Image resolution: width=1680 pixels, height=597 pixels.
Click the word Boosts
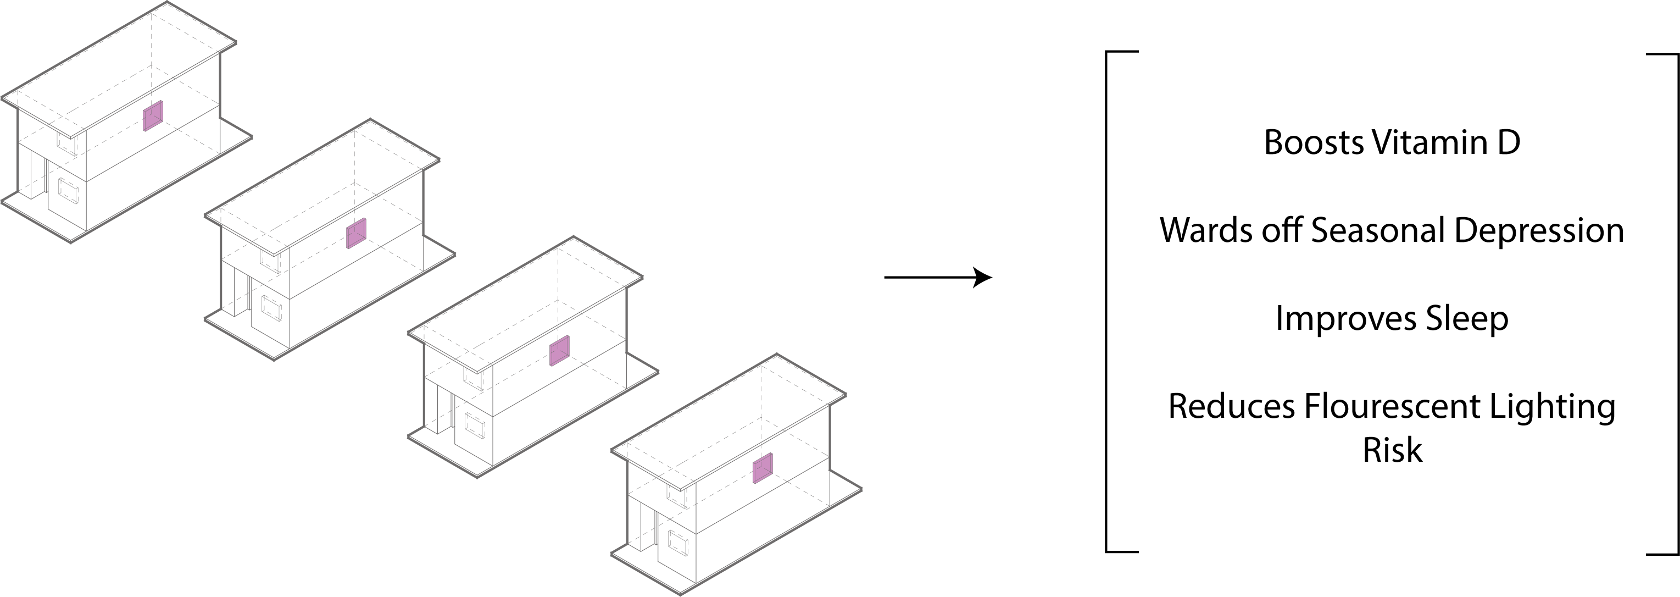click(1314, 142)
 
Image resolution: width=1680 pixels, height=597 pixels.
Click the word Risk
click(1392, 450)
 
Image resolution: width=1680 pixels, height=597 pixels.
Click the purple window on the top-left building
click(153, 116)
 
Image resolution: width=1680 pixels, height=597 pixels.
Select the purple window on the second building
click(356, 234)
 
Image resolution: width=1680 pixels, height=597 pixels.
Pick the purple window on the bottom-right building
click(763, 468)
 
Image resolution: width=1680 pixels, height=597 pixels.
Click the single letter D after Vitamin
click(1509, 142)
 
